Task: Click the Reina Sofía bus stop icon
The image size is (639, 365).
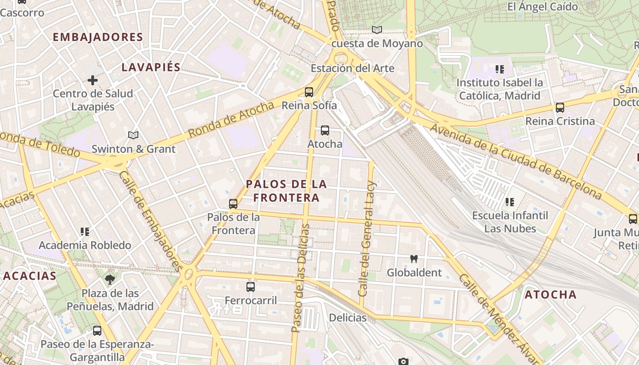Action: click(x=309, y=92)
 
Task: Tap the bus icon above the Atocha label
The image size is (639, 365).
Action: click(x=325, y=130)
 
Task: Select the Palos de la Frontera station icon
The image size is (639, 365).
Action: click(x=233, y=204)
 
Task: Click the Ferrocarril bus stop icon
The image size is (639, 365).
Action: click(x=251, y=287)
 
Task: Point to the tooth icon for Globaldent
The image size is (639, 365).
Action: click(x=414, y=259)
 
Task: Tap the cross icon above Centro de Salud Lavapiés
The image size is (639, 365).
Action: click(x=93, y=80)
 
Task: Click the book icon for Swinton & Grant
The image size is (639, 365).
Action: click(x=133, y=135)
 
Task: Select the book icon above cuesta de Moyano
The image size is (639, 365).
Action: click(x=377, y=30)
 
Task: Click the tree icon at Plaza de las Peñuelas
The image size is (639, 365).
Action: click(x=110, y=279)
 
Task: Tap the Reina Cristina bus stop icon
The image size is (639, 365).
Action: click(x=560, y=108)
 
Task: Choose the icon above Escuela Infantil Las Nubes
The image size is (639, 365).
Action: click(x=510, y=202)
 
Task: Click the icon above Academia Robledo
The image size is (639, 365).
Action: click(x=84, y=232)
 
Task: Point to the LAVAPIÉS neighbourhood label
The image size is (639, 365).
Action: click(x=151, y=68)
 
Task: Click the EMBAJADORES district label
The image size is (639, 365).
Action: click(x=98, y=37)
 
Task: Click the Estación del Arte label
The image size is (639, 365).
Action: click(x=352, y=68)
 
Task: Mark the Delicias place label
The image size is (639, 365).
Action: click(x=347, y=318)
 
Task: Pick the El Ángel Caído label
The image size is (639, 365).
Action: click(x=542, y=7)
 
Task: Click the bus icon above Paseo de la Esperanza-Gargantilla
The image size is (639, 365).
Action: click(x=97, y=331)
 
